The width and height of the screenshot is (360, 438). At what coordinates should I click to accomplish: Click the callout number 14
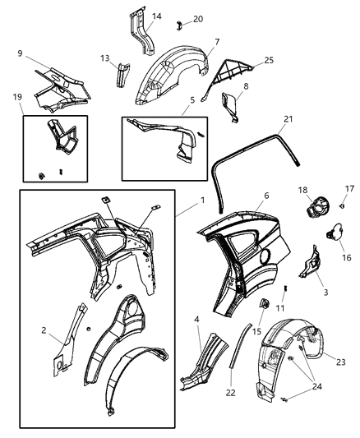tap(157, 16)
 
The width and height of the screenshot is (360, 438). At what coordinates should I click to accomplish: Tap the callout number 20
tap(197, 18)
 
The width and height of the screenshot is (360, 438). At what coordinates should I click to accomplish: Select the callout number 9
tap(19, 53)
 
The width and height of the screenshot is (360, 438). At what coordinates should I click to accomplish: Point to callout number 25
tap(269, 61)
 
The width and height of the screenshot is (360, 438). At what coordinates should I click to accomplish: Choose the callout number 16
tap(346, 257)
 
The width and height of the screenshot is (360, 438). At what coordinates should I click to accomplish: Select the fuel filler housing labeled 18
tap(314, 210)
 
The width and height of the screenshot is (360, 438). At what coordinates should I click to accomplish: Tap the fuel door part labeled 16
tap(334, 233)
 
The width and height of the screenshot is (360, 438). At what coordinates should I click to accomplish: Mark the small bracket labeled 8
tap(229, 105)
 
